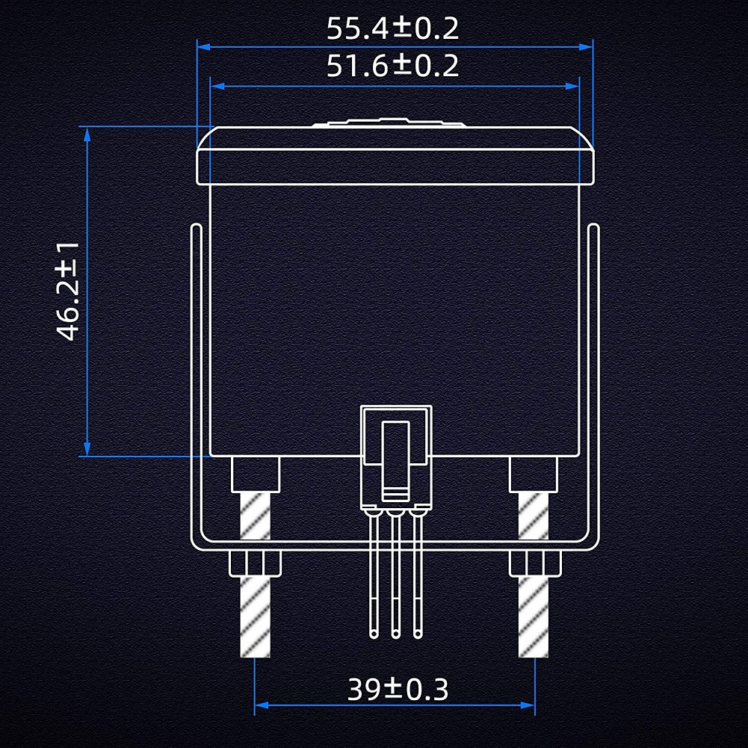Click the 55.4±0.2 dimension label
pos(392,28)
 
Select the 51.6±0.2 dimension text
pos(392,66)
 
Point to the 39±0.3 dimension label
pos(398,689)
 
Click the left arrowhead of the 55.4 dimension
pos(204,47)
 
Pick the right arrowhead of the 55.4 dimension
pos(586,47)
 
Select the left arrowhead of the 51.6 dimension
pos(217,86)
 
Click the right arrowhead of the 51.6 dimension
pos(572,86)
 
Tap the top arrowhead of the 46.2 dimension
pos(87,134)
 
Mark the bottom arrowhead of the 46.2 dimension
pos(87,449)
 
